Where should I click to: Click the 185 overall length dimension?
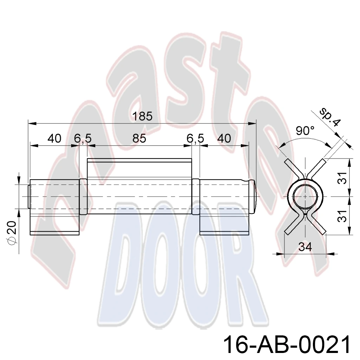[142, 116]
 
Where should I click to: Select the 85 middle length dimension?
[139, 139]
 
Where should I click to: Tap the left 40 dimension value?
[54, 139]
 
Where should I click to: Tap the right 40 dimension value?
[224, 139]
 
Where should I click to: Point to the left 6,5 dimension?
[83, 139]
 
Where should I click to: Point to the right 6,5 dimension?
[195, 139]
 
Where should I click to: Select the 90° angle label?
[305, 131]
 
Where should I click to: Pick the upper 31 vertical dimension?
[343, 178]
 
